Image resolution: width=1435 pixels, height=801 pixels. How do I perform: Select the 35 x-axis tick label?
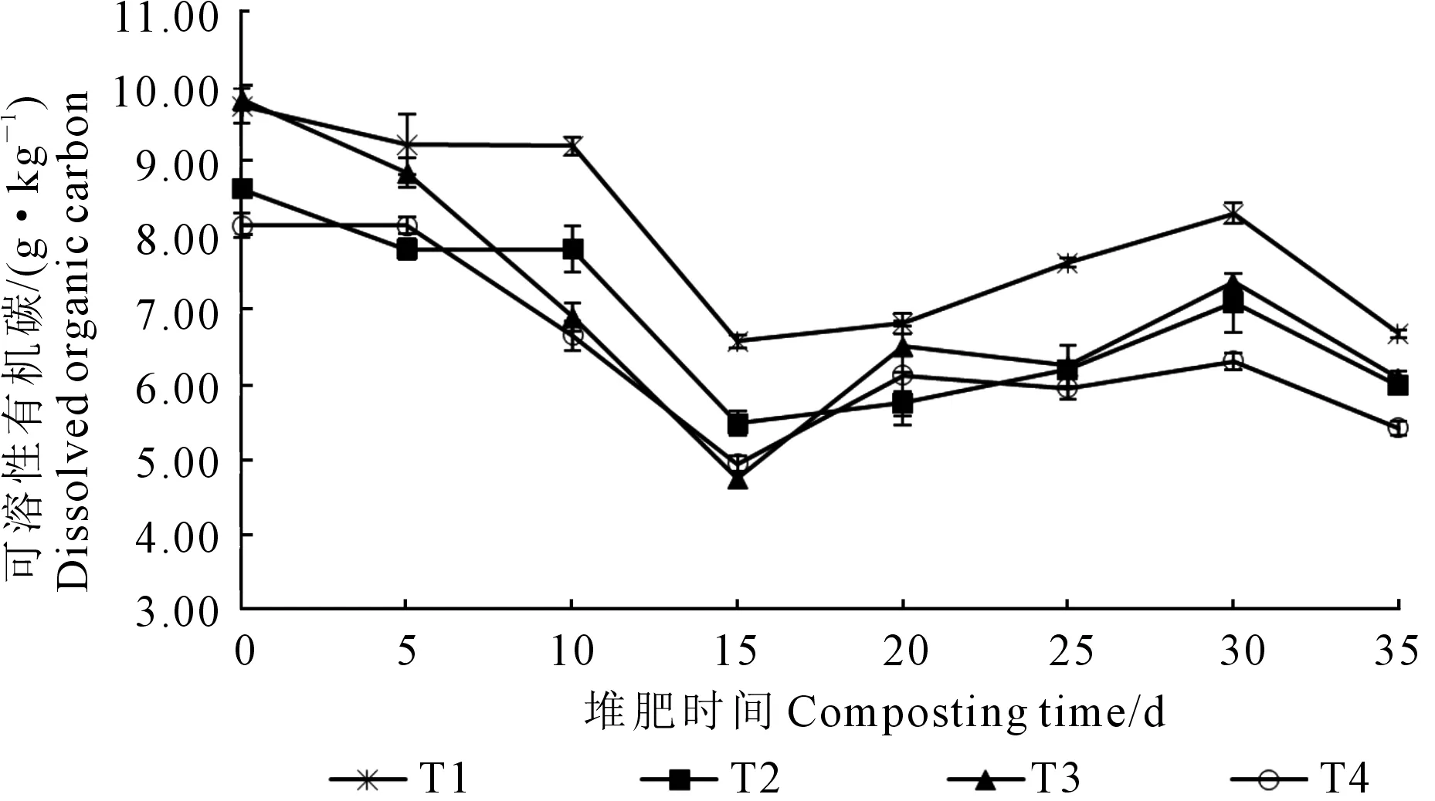(1396, 652)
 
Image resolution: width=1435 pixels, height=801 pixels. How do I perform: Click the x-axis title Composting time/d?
(874, 711)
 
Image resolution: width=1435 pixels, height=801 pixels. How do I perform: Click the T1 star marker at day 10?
(572, 145)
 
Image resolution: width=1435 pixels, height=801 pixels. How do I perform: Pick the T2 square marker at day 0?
(243, 189)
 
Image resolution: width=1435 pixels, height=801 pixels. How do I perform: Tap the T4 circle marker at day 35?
(1397, 428)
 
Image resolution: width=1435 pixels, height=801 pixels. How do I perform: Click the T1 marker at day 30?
(1233, 214)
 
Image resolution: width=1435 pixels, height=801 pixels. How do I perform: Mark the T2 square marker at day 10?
(572, 249)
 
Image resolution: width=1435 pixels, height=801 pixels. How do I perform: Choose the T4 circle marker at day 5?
(407, 225)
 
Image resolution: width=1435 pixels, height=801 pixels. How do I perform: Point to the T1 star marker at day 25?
(1067, 263)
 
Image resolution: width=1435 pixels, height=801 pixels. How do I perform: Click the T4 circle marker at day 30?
(1233, 361)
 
